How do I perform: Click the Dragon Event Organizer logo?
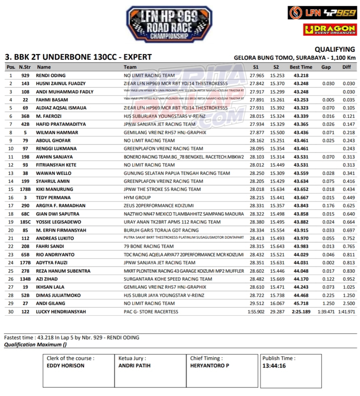coord(330,29)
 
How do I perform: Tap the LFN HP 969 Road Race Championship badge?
coord(169,24)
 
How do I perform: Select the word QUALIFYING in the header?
coord(335,49)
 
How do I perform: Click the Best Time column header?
coord(301,67)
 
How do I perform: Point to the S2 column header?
coord(276,67)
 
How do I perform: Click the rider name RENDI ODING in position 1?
coord(51,75)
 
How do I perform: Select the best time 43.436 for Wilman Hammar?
coord(301,132)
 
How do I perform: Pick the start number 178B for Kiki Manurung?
coord(25,189)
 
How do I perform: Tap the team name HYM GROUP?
coord(137,197)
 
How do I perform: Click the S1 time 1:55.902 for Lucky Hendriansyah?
coord(256,312)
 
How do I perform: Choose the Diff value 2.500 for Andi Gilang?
coord(349,303)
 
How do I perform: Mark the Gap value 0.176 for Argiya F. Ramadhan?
coord(328,206)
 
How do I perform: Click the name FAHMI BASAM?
coord(52,100)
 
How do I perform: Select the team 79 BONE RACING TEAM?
coord(149,246)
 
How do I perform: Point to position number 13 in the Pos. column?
coord(11,173)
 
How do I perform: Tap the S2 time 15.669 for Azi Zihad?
coord(277,279)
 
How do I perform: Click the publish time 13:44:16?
coord(274,366)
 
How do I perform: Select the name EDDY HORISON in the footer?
coord(65,366)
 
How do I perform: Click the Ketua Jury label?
coord(132,358)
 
